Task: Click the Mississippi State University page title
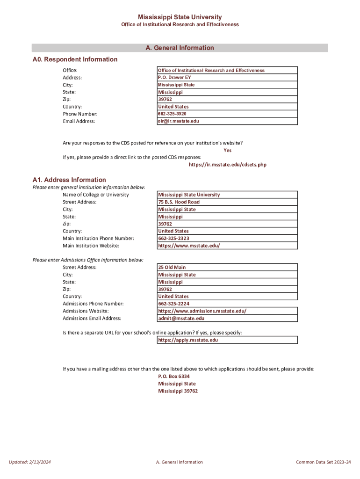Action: click(180, 17)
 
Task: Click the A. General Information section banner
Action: click(180, 48)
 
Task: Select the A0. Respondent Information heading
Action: click(75, 59)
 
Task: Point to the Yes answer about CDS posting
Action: click(227, 150)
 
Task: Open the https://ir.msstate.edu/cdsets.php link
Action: click(227, 165)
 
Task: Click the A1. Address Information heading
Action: click(69, 180)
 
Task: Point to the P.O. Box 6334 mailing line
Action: click(174, 376)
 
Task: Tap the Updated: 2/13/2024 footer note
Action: click(30, 462)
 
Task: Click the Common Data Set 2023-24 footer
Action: click(323, 462)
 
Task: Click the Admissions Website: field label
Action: click(86, 311)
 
